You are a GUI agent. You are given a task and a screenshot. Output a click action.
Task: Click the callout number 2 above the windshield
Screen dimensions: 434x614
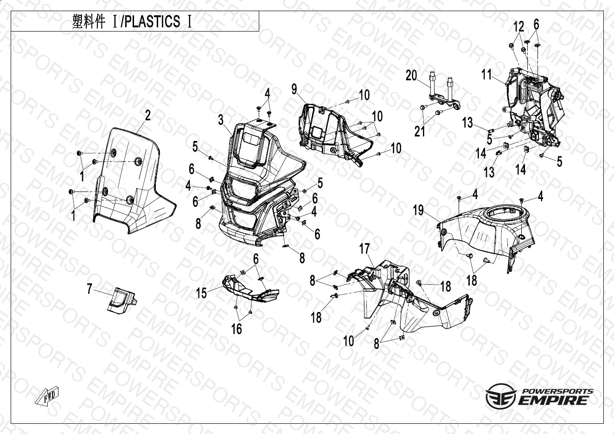click(x=147, y=116)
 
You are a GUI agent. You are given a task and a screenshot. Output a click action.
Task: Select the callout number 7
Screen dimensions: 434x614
click(x=90, y=289)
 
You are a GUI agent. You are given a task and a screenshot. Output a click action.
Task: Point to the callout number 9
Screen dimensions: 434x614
click(x=294, y=89)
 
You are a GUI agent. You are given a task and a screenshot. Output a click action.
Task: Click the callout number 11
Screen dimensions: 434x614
click(x=486, y=74)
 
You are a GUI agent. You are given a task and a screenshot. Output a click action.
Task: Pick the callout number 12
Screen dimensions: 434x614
click(x=518, y=26)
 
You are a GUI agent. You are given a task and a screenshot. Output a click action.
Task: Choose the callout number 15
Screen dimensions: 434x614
click(x=201, y=293)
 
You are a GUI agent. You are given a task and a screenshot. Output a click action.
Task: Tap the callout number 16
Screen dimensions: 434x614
click(x=237, y=329)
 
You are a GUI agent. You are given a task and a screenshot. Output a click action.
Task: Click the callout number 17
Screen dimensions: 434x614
click(x=365, y=249)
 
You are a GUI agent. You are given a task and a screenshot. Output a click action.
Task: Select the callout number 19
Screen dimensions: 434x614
click(x=418, y=211)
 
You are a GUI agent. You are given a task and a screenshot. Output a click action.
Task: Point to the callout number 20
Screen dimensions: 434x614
click(x=411, y=75)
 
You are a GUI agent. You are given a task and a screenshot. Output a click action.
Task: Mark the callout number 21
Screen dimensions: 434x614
click(x=420, y=132)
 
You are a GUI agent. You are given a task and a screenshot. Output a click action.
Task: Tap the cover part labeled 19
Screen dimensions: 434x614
click(x=487, y=232)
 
